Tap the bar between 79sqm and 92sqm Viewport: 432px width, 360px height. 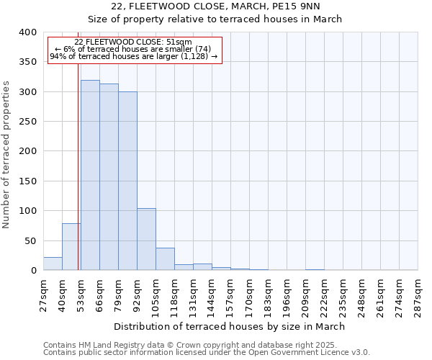[x=127, y=181]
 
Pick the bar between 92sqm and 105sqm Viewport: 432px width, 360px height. [x=146, y=239]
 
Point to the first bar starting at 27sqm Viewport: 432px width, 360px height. [x=53, y=264]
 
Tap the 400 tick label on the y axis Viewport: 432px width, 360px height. [x=27, y=32]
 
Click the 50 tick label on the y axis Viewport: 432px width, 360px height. [x=30, y=240]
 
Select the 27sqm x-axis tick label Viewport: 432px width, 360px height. [x=43, y=295]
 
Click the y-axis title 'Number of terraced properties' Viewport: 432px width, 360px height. [x=7, y=155]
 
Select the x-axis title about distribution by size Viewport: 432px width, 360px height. [x=230, y=326]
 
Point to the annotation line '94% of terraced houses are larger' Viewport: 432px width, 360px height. [x=133, y=56]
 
